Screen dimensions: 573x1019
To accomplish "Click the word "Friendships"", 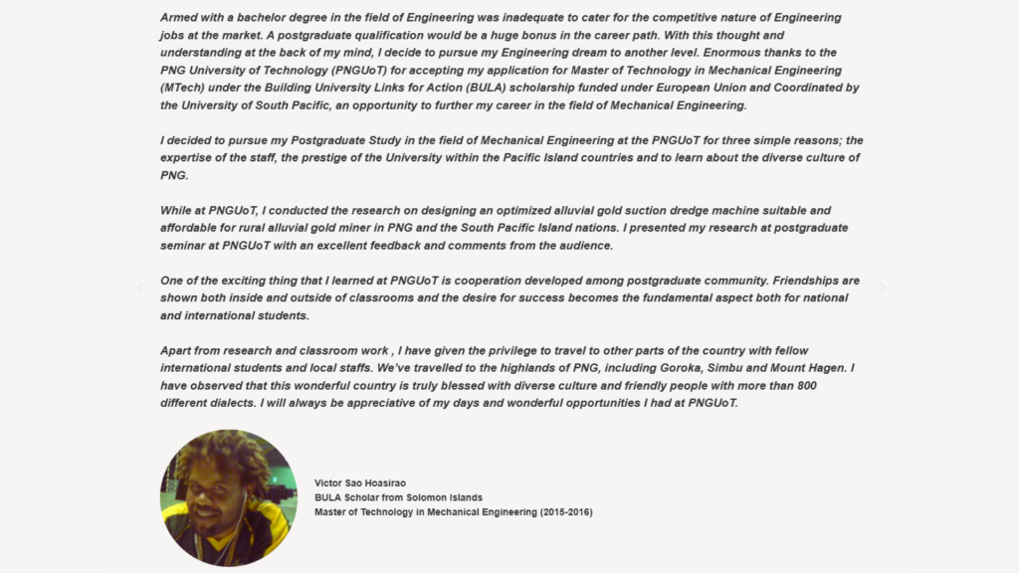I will pos(790,281).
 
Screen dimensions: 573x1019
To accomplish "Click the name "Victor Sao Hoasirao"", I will pos(360,483).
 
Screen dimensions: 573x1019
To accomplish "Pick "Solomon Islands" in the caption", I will pos(447,497).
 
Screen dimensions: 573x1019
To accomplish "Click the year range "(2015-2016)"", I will pos(566,512).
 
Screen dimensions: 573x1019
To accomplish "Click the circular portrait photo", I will pos(228,497).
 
